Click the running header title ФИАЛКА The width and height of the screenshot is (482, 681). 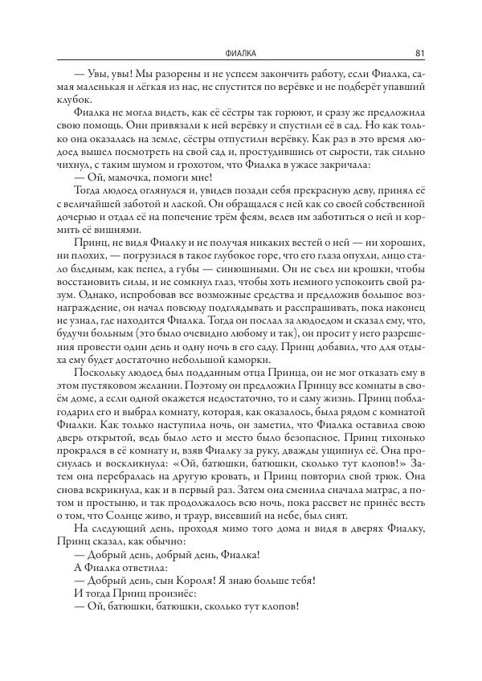242,54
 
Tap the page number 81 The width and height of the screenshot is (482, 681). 419,54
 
